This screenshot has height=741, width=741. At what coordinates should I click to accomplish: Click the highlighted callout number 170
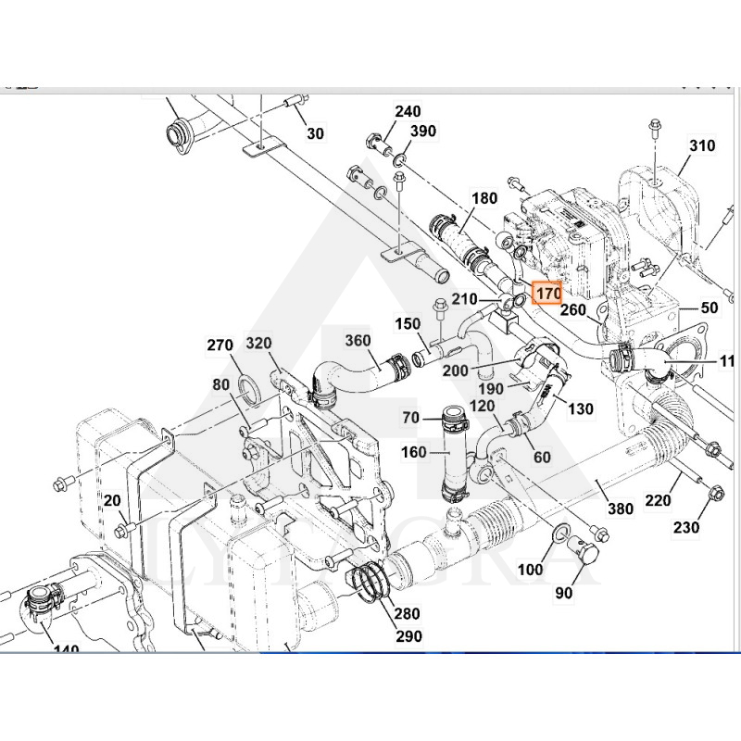[548, 294]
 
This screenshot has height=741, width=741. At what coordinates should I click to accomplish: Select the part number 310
[702, 146]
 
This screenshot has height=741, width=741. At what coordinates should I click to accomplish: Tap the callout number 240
[408, 112]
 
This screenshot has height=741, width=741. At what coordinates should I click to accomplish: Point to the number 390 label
[422, 132]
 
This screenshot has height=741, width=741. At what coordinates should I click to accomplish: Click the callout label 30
[315, 133]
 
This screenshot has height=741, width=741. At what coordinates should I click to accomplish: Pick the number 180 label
[484, 198]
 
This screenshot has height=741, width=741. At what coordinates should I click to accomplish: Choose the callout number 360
[358, 341]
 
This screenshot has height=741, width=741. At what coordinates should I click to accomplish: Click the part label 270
[220, 345]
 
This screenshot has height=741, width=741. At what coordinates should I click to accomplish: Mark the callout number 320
[258, 345]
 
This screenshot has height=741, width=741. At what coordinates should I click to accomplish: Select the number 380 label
[620, 508]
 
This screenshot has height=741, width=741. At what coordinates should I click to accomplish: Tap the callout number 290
[408, 636]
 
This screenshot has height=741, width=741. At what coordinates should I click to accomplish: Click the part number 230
[686, 529]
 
